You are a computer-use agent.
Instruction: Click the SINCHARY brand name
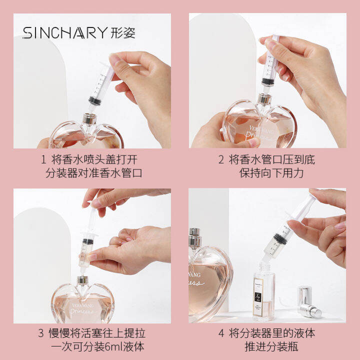point(64,33)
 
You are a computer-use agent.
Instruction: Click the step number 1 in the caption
point(43,160)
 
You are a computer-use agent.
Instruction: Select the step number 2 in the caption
point(221,160)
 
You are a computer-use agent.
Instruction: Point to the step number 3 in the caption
point(41,333)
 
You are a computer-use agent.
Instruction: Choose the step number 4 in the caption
point(221,333)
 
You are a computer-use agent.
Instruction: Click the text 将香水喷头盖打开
point(94,160)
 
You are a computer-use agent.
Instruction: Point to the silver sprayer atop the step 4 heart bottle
point(195,238)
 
